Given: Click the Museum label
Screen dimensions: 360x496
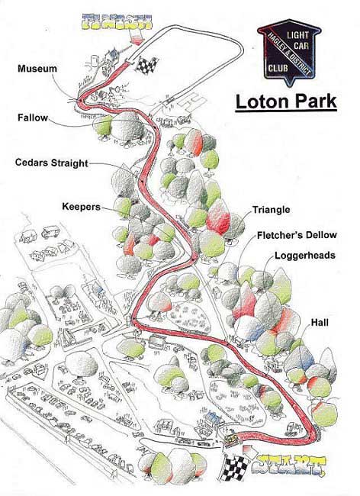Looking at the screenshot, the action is [37, 69].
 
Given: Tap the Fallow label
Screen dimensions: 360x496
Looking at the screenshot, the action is [33, 118].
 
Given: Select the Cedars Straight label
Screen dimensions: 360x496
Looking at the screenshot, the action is [52, 163].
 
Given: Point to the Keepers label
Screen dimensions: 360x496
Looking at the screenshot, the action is [82, 207].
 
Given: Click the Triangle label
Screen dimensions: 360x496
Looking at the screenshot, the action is [272, 210].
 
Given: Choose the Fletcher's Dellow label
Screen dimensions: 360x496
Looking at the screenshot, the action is [297, 235].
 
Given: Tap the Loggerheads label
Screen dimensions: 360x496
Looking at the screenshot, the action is [305, 256].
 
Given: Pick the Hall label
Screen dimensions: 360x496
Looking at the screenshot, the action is [320, 323].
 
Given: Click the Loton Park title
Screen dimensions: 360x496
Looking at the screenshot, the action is [286, 101].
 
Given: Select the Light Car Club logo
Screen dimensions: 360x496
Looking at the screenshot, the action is [289, 52].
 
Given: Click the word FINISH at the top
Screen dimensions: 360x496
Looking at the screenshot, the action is [117, 21].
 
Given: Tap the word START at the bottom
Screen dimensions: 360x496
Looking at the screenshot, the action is [291, 465].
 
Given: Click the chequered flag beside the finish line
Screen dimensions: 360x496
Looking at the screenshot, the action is [147, 65].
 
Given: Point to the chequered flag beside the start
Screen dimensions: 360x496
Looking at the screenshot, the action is [236, 467].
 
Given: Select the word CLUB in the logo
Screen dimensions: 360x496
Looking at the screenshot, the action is [278, 68].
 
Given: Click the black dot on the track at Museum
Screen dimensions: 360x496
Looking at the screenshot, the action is [81, 101].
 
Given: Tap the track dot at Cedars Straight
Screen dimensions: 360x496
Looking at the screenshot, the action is [143, 182].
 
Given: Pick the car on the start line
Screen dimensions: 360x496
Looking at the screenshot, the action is [233, 440].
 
